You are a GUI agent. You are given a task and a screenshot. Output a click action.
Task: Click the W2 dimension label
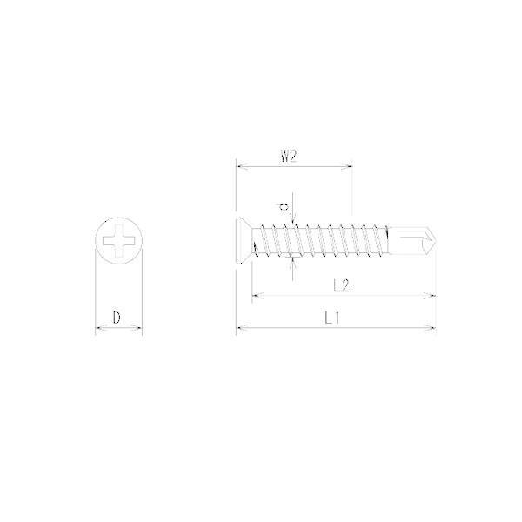point(288,156)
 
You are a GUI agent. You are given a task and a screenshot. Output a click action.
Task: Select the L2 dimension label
point(342,285)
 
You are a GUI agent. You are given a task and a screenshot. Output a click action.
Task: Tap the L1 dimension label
point(331,318)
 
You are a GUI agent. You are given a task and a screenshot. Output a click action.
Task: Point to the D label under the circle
point(117,318)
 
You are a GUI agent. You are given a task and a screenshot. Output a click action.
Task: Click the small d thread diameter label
point(284,207)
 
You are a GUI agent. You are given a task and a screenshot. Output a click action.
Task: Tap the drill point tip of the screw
point(435,240)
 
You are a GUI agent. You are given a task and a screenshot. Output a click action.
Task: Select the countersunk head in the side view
point(244,240)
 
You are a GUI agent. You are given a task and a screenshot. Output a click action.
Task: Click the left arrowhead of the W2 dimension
point(241,165)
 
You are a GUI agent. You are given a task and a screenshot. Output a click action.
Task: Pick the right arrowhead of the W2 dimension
point(346,165)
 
